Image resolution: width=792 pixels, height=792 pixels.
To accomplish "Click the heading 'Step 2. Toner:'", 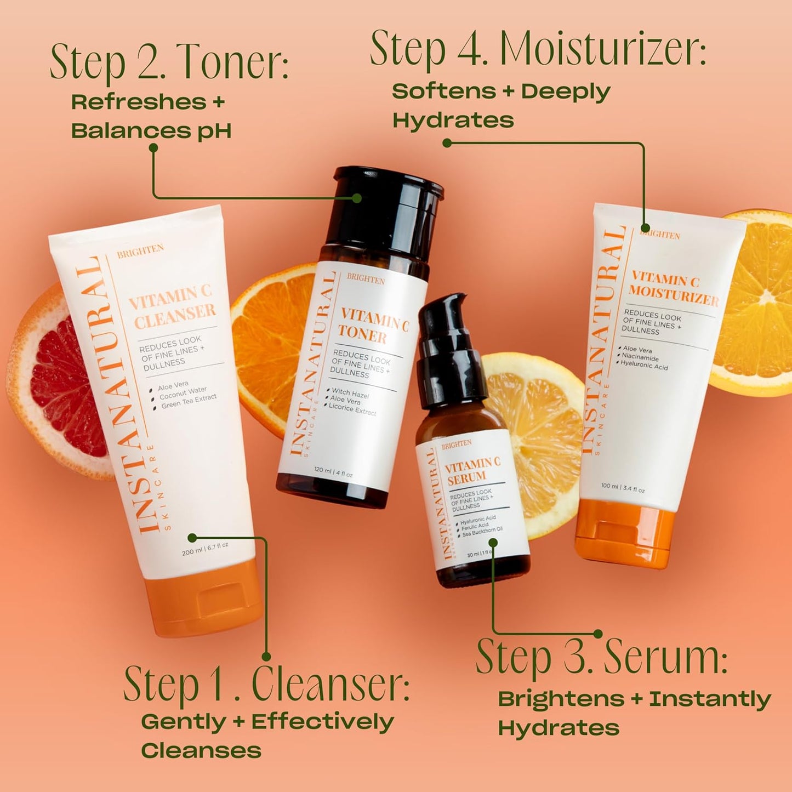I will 169,62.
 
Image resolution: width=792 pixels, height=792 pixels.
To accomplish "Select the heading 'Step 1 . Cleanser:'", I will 266,685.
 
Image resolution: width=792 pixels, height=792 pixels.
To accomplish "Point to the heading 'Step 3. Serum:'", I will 601,657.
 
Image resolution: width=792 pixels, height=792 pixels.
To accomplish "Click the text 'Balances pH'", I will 151,131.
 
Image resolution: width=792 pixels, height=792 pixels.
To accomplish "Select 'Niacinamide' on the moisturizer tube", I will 640,357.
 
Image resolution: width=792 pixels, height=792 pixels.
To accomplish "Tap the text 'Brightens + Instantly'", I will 634,699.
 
